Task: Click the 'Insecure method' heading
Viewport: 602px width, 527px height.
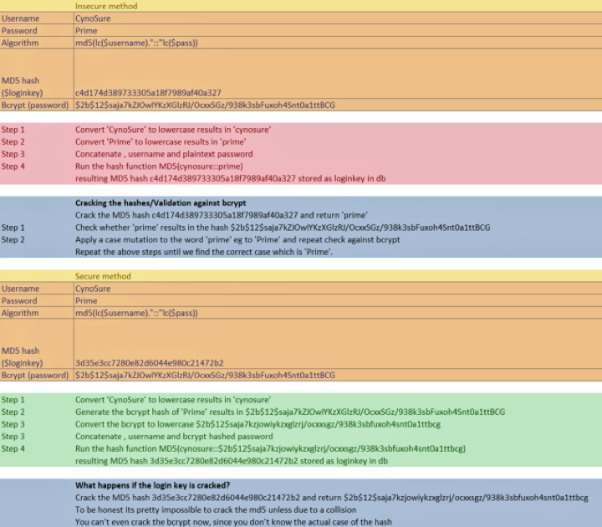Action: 106,6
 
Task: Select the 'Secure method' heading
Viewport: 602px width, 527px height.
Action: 103,276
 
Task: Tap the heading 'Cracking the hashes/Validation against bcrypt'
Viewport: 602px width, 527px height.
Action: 161,203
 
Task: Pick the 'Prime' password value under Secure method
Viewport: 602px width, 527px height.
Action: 86,300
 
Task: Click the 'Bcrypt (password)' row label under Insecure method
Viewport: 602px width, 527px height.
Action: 36,105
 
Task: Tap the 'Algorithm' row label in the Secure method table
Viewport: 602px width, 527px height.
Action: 20,313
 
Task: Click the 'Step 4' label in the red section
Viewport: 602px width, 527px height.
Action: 13,166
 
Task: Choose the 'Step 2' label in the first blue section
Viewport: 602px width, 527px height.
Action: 13,240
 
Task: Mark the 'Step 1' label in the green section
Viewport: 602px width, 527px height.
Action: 13,400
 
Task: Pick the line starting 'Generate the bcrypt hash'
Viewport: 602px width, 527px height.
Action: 290,412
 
